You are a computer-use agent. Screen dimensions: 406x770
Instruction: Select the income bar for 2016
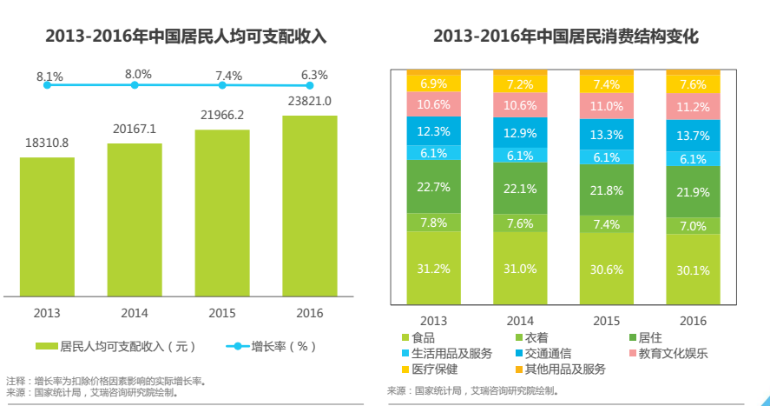[x=309, y=205]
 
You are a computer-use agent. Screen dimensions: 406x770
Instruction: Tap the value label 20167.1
[x=135, y=130]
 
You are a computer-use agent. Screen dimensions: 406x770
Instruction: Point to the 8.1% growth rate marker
[x=47, y=85]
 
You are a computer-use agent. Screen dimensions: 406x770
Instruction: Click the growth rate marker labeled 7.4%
[x=223, y=85]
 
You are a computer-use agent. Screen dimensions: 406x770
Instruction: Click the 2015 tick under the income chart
[x=222, y=313]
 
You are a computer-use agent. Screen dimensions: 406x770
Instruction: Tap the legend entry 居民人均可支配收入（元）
[x=116, y=346]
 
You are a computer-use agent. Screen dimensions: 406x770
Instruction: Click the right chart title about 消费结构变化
[x=565, y=37]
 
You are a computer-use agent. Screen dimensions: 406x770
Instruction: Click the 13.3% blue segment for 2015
[x=606, y=135]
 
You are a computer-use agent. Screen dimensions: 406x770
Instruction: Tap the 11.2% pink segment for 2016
[x=693, y=107]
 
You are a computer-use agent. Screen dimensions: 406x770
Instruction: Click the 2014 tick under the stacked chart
[x=520, y=321]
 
